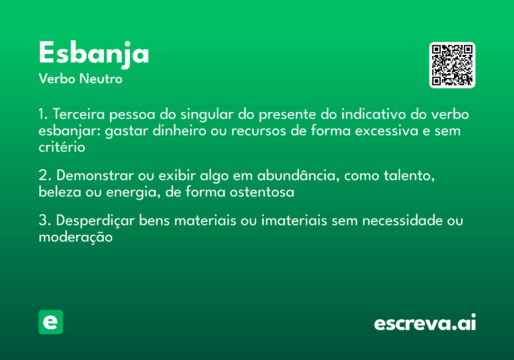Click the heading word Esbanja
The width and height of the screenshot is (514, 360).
pyautogui.click(x=94, y=54)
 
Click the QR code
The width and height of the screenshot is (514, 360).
pyautogui.click(x=452, y=65)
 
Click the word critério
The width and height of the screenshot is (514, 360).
pyautogui.click(x=62, y=147)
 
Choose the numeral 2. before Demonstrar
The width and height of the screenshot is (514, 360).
pyautogui.click(x=44, y=176)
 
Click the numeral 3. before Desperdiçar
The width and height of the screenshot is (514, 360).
pyautogui.click(x=44, y=221)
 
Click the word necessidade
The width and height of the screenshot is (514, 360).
pyautogui.click(x=403, y=221)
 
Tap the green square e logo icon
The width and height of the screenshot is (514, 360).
pyautogui.click(x=51, y=322)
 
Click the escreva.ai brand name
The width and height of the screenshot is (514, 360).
pyautogui.click(x=425, y=323)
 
